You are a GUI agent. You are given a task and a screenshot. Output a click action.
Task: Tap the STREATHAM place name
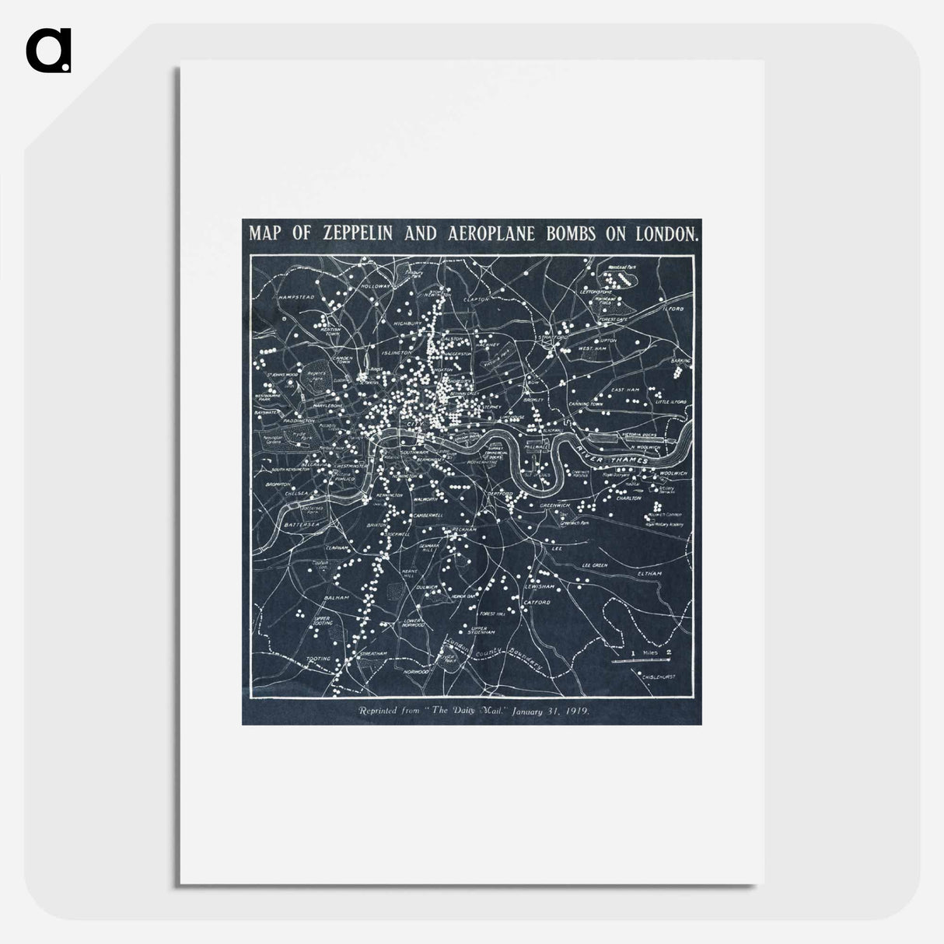pyautogui.click(x=374, y=654)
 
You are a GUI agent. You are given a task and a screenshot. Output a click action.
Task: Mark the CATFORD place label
pyautogui.click(x=537, y=602)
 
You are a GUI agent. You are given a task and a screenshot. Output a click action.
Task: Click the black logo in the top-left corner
pyautogui.click(x=48, y=51)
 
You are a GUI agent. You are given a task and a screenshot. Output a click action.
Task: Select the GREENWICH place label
pyautogui.click(x=555, y=505)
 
